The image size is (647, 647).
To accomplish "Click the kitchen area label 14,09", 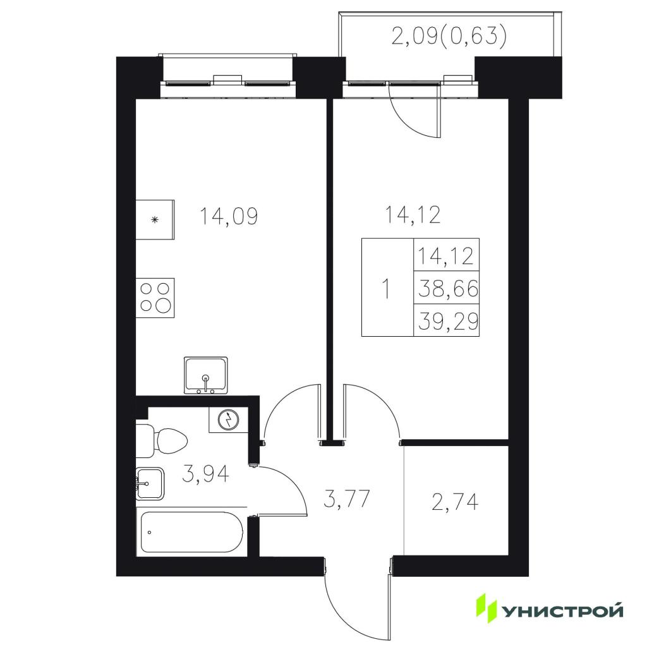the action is pos(229,216).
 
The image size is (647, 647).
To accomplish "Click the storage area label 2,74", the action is pos(455,502).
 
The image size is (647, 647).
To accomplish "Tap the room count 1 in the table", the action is pos(386,288).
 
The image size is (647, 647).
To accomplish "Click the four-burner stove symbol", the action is pos(155,298).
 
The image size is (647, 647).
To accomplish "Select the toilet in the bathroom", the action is pos(162,440).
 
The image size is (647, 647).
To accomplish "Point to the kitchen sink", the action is pos(206,375).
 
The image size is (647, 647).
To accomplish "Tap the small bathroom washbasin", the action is pos(150,483).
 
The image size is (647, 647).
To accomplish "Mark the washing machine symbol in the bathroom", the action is pos(228,420).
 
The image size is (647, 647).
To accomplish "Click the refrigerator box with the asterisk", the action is pos(155,219).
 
